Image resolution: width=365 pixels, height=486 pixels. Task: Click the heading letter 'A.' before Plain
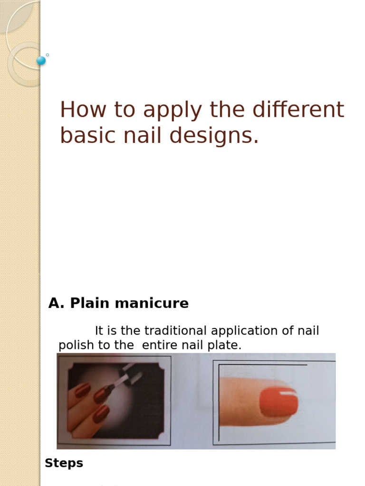coord(56,303)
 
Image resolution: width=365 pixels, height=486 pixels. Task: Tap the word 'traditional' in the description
coord(173,331)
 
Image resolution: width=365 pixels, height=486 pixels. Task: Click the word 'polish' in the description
coord(76,346)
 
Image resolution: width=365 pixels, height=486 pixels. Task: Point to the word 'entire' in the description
coord(159,346)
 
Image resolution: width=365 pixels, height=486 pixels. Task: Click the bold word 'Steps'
coord(64,463)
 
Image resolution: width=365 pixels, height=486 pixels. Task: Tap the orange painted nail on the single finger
coord(279,402)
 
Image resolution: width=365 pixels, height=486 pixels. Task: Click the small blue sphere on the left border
coord(41,60)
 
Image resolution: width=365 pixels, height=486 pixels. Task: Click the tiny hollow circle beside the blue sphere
coord(48,55)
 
